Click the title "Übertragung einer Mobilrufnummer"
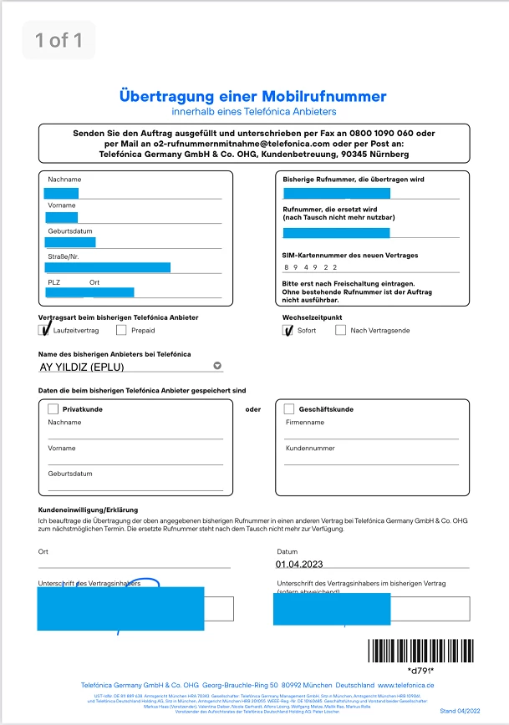pyautogui.click(x=253, y=96)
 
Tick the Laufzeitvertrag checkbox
pyautogui.click(x=45, y=330)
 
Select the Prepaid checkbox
pyautogui.click(x=122, y=330)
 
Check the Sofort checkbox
pyautogui.click(x=288, y=330)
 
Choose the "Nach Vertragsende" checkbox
pyautogui.click(x=340, y=330)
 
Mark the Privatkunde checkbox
pyautogui.click(x=53, y=409)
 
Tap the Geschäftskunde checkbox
pyautogui.click(x=289, y=409)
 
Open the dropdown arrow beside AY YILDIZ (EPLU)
pyautogui.click(x=217, y=365)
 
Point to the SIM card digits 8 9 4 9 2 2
pyautogui.click(x=310, y=267)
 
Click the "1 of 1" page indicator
pyautogui.click(x=59, y=40)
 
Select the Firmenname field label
pyautogui.click(x=304, y=423)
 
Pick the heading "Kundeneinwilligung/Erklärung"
pyautogui.click(x=88, y=510)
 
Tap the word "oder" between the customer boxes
pyautogui.click(x=252, y=409)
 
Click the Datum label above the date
pyautogui.click(x=287, y=551)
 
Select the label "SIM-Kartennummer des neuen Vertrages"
pyautogui.click(x=350, y=255)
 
